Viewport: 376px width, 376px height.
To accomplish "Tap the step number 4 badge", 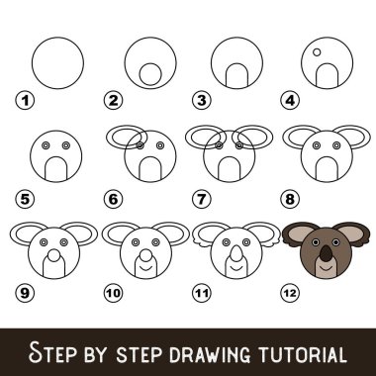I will coord(289,100).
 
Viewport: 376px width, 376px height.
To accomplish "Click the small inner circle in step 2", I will coord(148,74).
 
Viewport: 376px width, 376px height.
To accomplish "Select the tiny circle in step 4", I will coord(316,51).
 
